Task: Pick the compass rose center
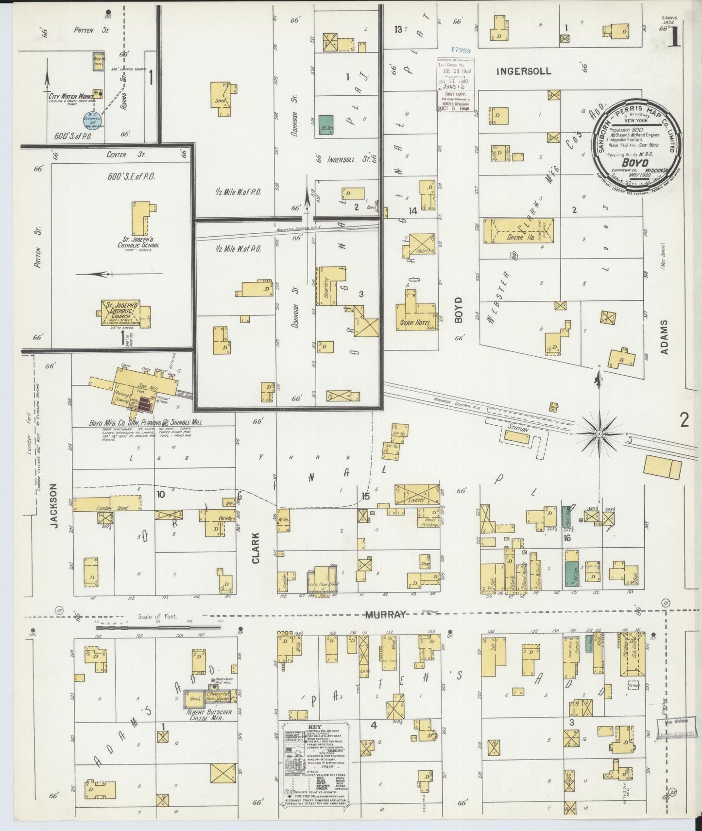click(599, 433)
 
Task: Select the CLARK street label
click(256, 548)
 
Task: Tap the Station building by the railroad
click(517, 436)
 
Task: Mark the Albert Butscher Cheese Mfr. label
click(209, 715)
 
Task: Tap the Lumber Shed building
click(108, 505)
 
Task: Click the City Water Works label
click(68, 96)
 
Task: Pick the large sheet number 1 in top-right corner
click(674, 38)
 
